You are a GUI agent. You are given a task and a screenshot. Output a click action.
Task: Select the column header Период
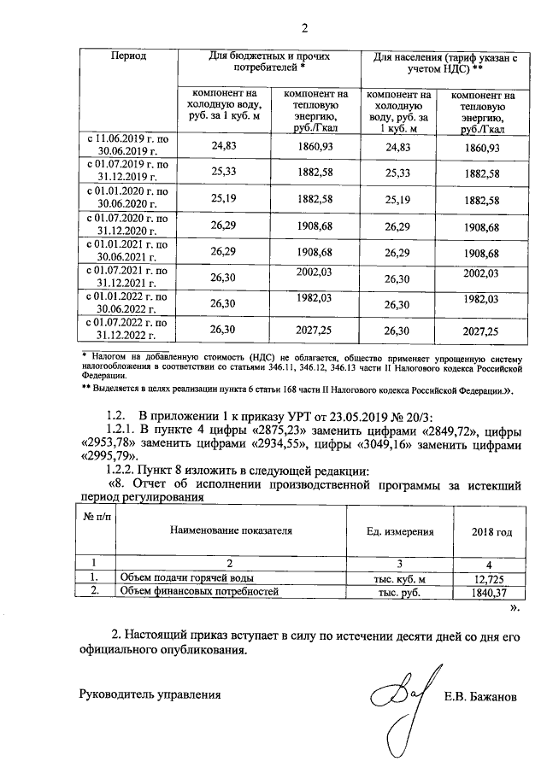pyautogui.click(x=128, y=56)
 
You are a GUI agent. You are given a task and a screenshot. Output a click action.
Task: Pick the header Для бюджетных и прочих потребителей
pyautogui.click(x=269, y=61)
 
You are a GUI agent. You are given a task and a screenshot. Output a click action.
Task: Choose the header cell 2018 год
pyautogui.click(x=491, y=532)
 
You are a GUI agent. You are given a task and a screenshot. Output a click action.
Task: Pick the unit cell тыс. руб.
pyautogui.click(x=400, y=592)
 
